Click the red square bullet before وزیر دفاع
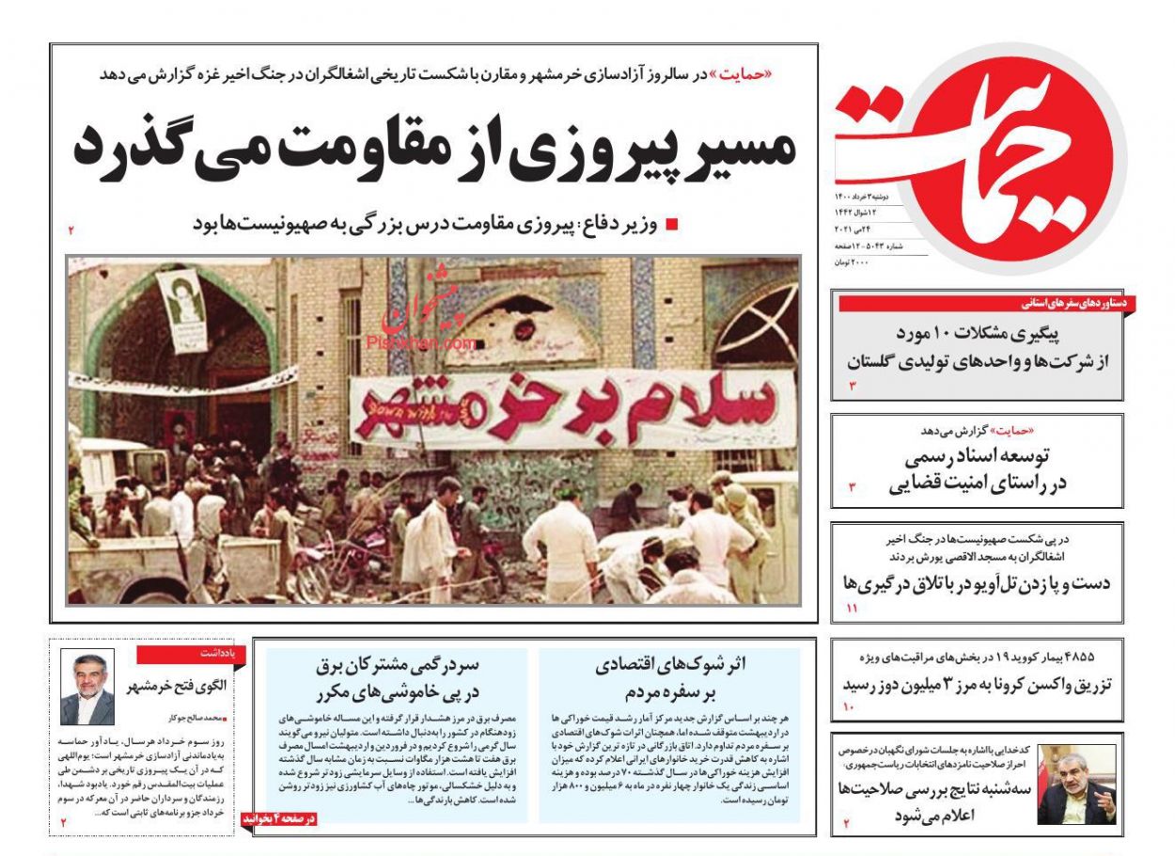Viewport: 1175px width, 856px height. coord(671,225)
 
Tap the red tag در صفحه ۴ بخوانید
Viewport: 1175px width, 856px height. coord(280,818)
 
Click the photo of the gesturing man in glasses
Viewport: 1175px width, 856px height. coord(1076,784)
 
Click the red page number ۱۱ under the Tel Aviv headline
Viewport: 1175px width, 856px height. coord(852,610)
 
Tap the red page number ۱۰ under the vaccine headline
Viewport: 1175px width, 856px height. coord(847,706)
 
